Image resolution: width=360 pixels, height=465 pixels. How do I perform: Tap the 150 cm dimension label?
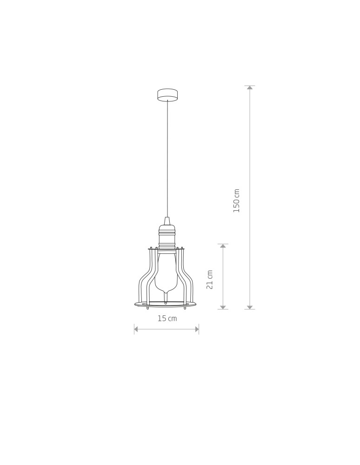[x=236, y=200]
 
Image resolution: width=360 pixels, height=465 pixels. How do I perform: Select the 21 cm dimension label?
[x=210, y=279]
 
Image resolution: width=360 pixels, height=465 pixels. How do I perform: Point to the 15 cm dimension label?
[x=167, y=319]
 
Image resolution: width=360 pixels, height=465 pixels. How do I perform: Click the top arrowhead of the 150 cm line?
[x=250, y=88]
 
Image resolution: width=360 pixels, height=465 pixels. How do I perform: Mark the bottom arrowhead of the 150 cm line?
[x=250, y=307]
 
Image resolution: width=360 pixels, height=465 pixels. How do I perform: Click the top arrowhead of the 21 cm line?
[x=223, y=246]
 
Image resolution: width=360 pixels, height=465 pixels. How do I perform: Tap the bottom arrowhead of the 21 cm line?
[x=223, y=307]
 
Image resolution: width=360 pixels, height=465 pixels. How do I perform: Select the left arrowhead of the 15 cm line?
[x=136, y=329]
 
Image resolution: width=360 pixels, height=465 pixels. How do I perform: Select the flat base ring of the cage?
[x=166, y=305]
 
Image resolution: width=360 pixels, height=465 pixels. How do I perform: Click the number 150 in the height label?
[x=236, y=205]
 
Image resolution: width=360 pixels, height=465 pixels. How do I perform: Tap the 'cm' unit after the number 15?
[x=173, y=319]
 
